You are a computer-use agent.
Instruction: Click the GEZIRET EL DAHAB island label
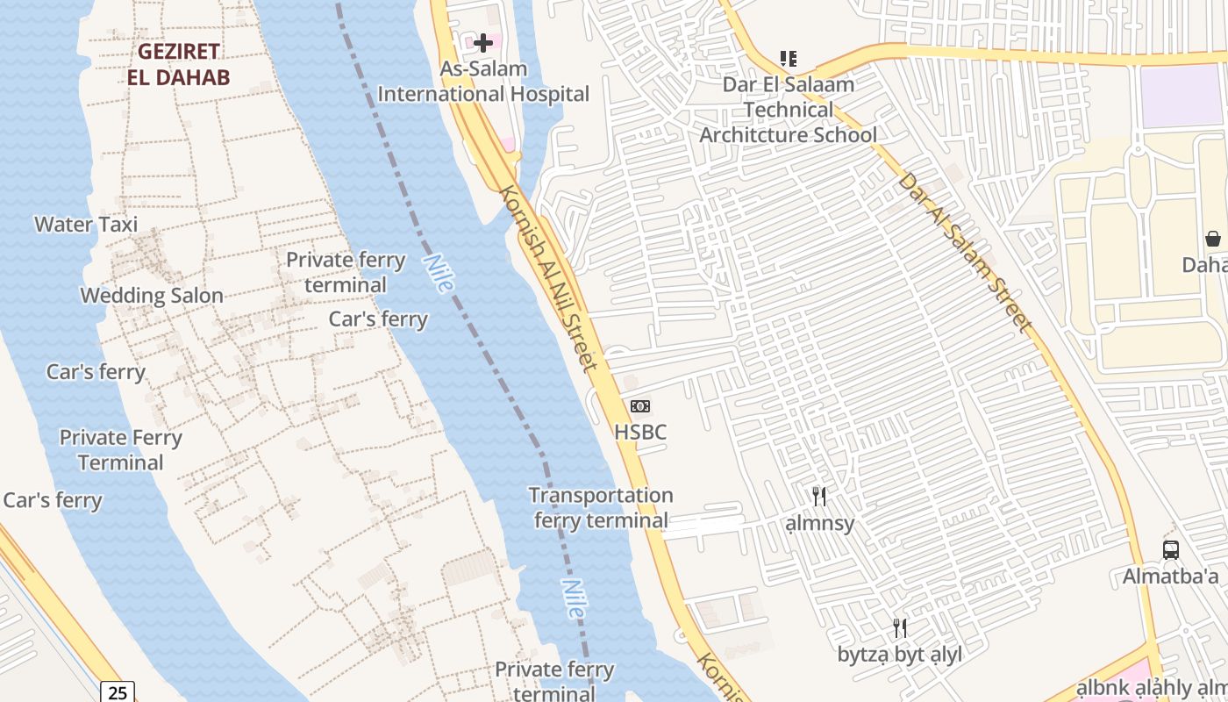click(178, 64)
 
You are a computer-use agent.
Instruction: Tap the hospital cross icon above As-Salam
click(482, 42)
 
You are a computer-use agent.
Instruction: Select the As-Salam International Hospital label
click(483, 82)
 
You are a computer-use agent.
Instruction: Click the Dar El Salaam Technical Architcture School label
click(788, 110)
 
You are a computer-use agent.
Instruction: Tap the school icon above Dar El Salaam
click(789, 59)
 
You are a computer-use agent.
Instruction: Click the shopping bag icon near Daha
click(1213, 239)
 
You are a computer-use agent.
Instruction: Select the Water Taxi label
click(86, 225)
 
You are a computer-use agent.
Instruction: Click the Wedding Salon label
click(152, 296)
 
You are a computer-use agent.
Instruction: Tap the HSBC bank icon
click(640, 406)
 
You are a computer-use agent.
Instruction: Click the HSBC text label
click(640, 432)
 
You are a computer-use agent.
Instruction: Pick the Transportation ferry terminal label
click(601, 508)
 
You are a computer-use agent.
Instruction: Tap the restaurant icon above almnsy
click(819, 497)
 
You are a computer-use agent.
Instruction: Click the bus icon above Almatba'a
click(1170, 550)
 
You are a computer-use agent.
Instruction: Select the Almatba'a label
click(1170, 577)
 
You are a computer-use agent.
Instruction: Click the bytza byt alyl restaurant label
click(899, 655)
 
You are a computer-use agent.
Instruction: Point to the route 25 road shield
click(118, 692)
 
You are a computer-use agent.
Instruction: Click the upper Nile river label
click(438, 273)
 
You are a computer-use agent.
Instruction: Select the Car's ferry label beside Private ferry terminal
click(378, 319)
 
